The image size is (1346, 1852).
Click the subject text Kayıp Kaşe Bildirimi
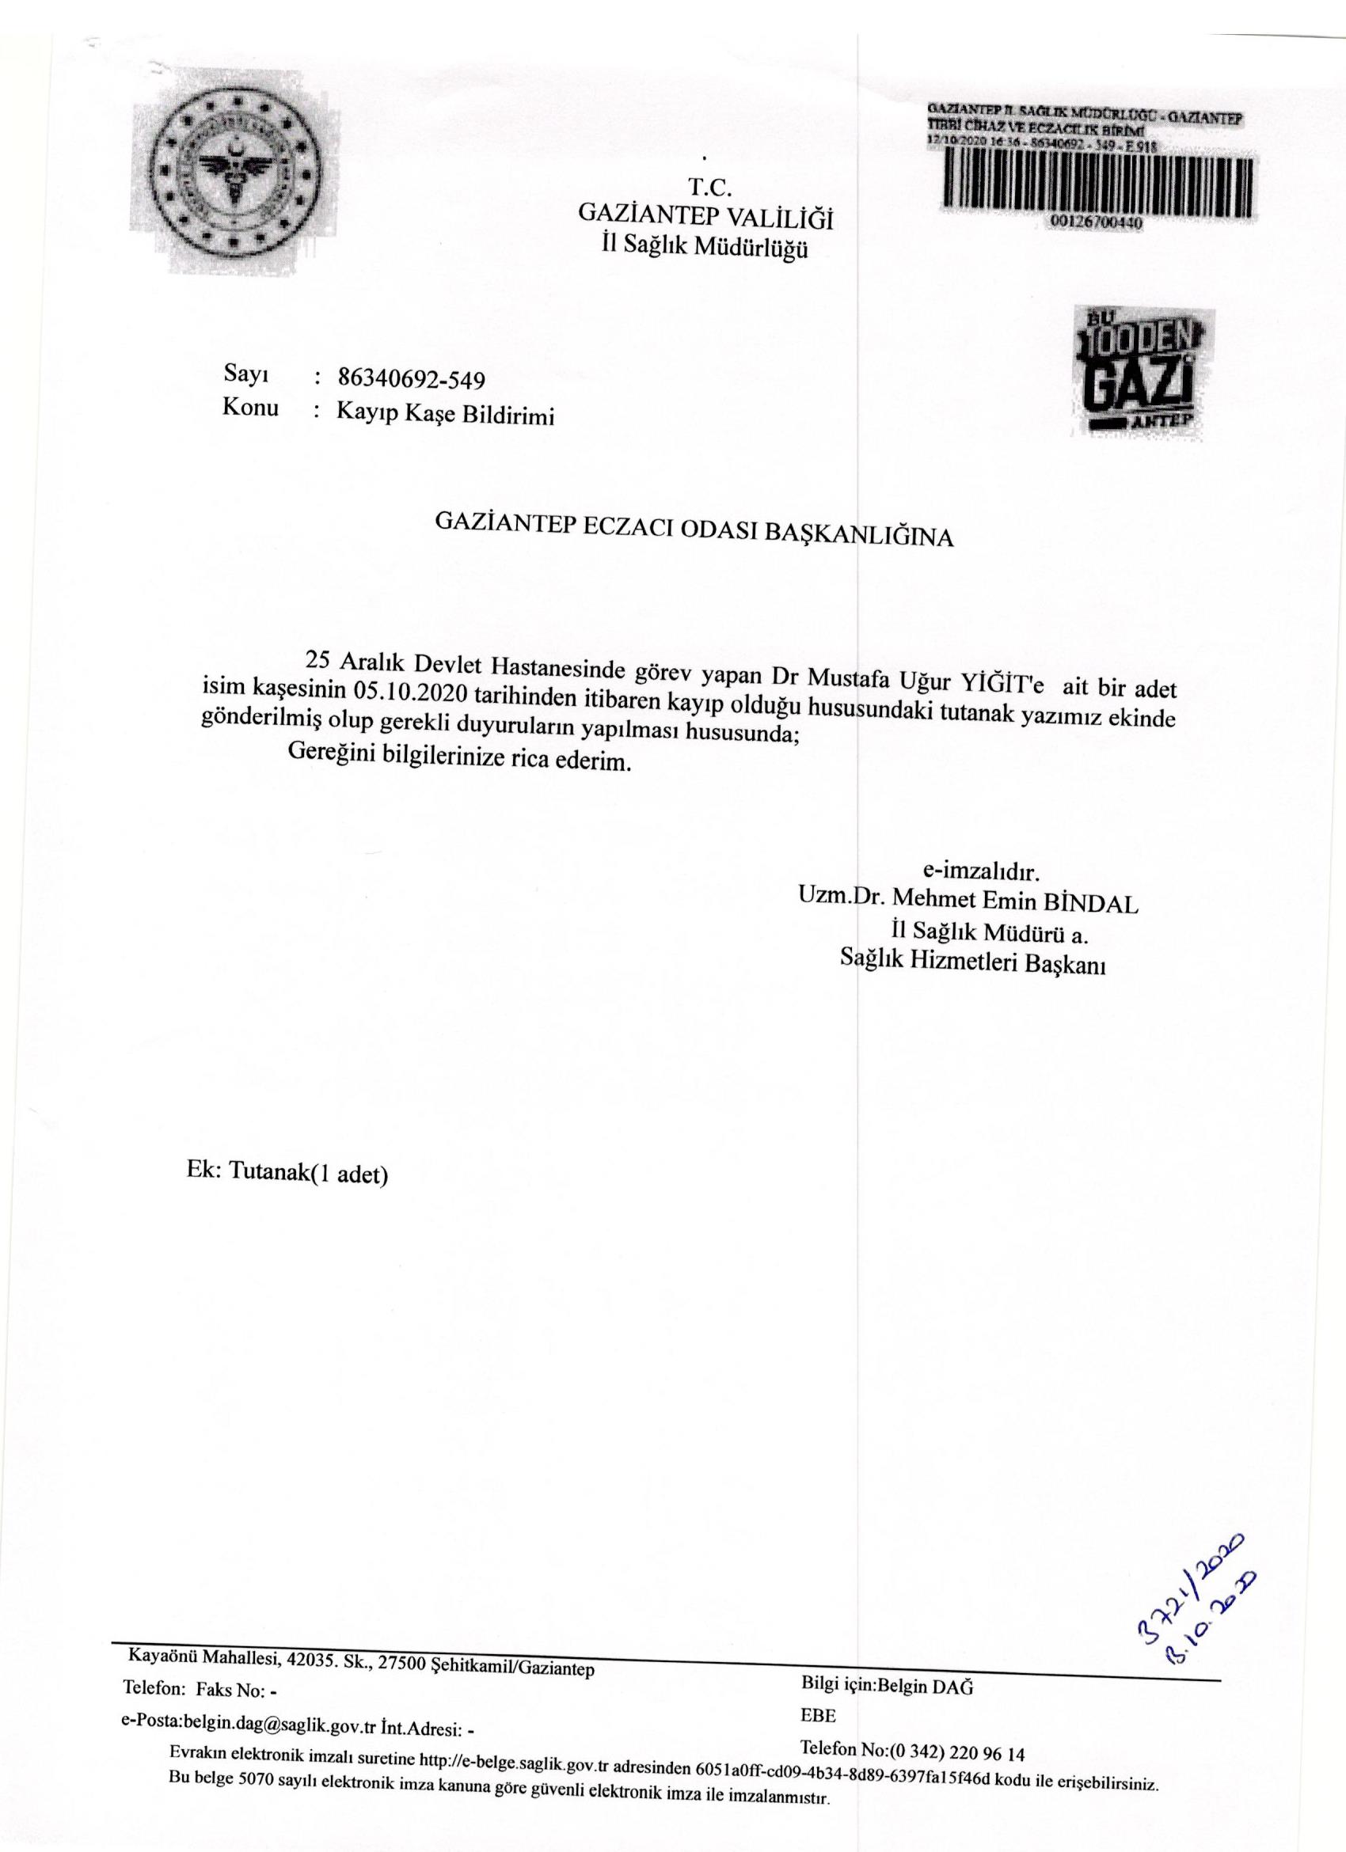445,415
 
